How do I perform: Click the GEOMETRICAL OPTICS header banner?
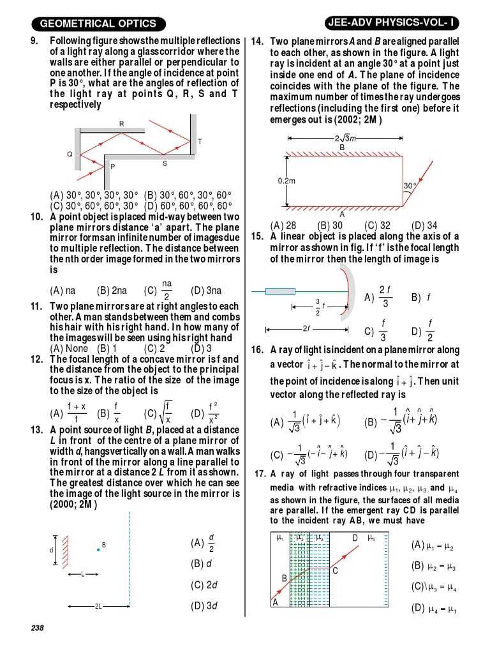point(98,24)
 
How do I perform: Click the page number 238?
point(37,628)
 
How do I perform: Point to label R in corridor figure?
point(121,123)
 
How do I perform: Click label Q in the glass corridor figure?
point(70,154)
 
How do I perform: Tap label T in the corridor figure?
point(200,141)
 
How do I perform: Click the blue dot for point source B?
point(98,549)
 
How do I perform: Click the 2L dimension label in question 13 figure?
point(98,606)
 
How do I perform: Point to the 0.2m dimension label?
point(286,181)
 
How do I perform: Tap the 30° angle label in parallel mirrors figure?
point(409,186)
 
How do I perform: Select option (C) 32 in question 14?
point(377,225)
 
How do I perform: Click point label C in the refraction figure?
point(335,571)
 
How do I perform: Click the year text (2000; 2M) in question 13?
point(73,505)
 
